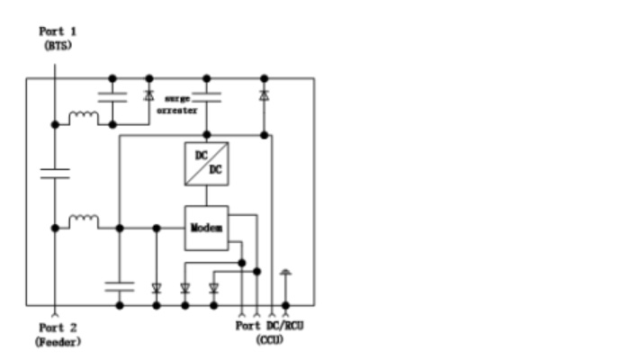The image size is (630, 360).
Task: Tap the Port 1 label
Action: pyautogui.click(x=58, y=31)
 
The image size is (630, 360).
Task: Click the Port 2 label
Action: pyautogui.click(x=58, y=328)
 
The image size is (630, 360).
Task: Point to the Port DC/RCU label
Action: pyautogui.click(x=269, y=326)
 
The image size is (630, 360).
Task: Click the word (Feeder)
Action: pyautogui.click(x=58, y=342)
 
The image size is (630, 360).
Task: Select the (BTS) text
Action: pyautogui.click(x=58, y=45)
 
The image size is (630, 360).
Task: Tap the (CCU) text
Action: pyautogui.click(x=270, y=340)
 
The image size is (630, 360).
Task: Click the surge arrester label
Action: pyautogui.click(x=177, y=104)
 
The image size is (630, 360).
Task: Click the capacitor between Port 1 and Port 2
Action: pyautogui.click(x=55, y=174)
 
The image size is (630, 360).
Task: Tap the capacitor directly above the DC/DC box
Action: pyautogui.click(x=206, y=97)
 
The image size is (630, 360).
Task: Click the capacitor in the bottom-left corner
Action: pyautogui.click(x=120, y=286)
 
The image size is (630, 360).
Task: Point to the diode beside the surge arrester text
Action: pyautogui.click(x=149, y=95)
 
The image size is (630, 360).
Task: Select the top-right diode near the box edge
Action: pyautogui.click(x=264, y=95)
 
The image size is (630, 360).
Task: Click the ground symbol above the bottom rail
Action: pyautogui.click(x=285, y=273)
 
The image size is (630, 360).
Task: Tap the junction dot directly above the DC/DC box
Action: pyautogui.click(x=206, y=135)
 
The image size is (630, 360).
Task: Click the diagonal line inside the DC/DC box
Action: pyautogui.click(x=206, y=164)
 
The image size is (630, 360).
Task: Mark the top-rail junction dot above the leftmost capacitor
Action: pyautogui.click(x=112, y=78)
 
